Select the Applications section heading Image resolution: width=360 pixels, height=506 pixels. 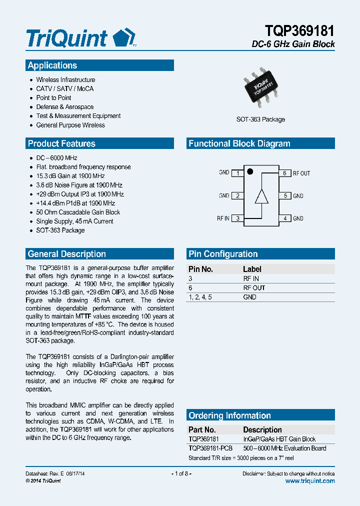tap(52, 65)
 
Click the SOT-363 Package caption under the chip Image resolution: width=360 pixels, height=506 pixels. tap(260, 119)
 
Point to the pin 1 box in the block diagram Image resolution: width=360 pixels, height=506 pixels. tap(237, 173)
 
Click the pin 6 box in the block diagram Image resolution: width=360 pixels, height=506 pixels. tap(284, 173)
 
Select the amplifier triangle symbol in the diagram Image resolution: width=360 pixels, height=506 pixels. tap(261, 196)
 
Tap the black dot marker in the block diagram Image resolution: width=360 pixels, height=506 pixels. tap(250, 171)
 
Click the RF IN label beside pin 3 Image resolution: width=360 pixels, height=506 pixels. tap(223, 218)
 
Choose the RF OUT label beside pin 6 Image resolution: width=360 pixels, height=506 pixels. tap(301, 173)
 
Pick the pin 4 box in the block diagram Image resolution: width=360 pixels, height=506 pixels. tap(284, 218)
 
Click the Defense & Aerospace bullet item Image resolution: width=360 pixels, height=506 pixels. tap(64, 107)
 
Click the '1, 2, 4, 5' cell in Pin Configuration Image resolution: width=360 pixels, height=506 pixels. tap(200, 297)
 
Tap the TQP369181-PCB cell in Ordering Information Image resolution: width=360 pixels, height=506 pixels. tap(210, 448)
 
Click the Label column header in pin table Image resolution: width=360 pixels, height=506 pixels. tap(252, 269)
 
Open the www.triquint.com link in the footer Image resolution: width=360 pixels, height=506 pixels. tap(310, 480)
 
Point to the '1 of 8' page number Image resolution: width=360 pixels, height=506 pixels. tap(181, 473)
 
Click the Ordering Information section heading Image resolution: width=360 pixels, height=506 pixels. tap(229, 415)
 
